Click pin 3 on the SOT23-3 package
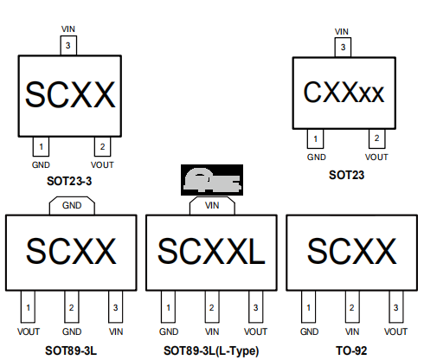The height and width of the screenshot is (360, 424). point(68,45)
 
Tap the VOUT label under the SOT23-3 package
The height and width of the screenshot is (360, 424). point(102,165)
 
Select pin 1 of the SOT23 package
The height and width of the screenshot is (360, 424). point(315,138)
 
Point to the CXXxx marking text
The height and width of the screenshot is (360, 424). point(344,93)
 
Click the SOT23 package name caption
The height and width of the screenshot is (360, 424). point(346,175)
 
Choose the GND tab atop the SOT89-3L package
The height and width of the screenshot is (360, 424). point(72,206)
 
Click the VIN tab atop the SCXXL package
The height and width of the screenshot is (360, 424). point(212,206)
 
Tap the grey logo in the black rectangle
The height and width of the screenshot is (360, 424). point(212,180)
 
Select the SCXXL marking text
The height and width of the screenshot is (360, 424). point(211,251)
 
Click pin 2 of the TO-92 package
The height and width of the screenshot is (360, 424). point(352,306)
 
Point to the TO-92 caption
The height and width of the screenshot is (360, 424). point(351,350)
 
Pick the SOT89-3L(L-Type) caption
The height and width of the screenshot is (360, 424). point(211,351)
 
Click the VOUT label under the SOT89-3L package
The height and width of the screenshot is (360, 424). point(29,331)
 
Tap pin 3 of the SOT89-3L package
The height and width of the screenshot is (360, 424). point(115,306)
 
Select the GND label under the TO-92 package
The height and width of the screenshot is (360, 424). point(309,331)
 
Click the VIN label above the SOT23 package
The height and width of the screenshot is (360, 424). point(342,31)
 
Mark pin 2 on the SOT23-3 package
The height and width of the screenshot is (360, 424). point(102,146)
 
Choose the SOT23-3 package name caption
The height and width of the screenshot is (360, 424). point(69,181)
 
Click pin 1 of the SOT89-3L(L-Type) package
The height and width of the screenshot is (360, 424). point(168,306)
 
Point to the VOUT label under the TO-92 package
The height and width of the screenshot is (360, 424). point(395,331)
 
